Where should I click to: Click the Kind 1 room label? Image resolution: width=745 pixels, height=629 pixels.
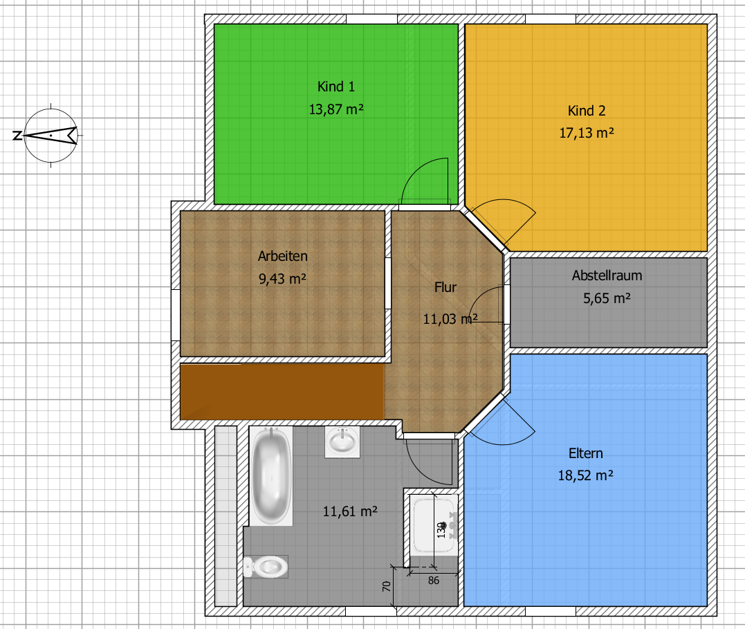(x=336, y=86)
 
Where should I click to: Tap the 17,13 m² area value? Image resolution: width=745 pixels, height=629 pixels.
(x=587, y=133)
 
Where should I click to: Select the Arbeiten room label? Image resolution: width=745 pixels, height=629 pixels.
(x=283, y=256)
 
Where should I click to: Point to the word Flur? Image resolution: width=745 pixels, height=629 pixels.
(x=445, y=287)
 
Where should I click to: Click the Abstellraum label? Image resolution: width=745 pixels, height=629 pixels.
(x=607, y=275)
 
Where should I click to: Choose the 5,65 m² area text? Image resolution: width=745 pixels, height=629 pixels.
(x=607, y=298)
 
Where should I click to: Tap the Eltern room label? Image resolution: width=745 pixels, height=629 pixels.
(x=586, y=453)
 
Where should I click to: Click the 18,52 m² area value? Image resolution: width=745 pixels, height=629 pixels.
(x=585, y=475)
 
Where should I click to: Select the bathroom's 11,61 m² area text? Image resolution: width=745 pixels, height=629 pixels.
(x=350, y=511)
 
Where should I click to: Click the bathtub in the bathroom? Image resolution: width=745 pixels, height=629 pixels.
(x=271, y=476)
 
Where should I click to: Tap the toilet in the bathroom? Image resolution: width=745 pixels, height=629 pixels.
(x=266, y=566)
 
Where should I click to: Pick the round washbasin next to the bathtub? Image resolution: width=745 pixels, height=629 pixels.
(x=342, y=442)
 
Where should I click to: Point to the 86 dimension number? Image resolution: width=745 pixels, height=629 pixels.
(x=433, y=581)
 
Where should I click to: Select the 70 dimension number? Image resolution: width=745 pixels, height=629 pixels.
(x=387, y=586)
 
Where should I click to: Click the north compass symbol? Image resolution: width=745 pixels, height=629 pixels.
(x=50, y=136)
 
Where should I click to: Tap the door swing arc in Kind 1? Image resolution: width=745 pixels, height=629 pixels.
(x=418, y=166)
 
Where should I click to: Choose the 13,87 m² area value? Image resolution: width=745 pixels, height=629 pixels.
(x=336, y=109)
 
